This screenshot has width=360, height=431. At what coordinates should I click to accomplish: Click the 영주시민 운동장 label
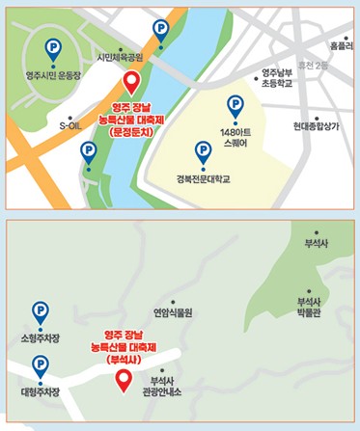click(x=52, y=72)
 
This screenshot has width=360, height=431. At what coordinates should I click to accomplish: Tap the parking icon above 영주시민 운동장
click(x=52, y=45)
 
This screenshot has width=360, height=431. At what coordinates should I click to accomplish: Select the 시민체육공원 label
click(x=120, y=58)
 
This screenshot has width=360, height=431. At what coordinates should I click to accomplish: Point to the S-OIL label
click(x=71, y=125)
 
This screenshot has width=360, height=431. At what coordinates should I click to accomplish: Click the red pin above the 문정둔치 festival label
click(x=131, y=83)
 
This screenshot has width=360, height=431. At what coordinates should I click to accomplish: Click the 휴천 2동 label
click(x=314, y=66)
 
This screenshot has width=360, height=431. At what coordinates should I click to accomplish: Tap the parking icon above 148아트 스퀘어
click(x=235, y=105)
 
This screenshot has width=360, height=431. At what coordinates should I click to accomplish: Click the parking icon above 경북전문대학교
click(x=203, y=150)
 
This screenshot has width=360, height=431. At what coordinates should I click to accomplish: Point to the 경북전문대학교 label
click(x=203, y=178)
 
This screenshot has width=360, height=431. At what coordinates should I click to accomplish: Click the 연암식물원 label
click(x=173, y=312)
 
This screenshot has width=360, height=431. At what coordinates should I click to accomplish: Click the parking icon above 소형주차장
click(x=40, y=311)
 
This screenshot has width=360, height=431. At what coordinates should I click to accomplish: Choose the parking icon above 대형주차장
click(x=40, y=365)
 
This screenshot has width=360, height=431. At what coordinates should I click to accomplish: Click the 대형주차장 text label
click(x=40, y=392)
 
